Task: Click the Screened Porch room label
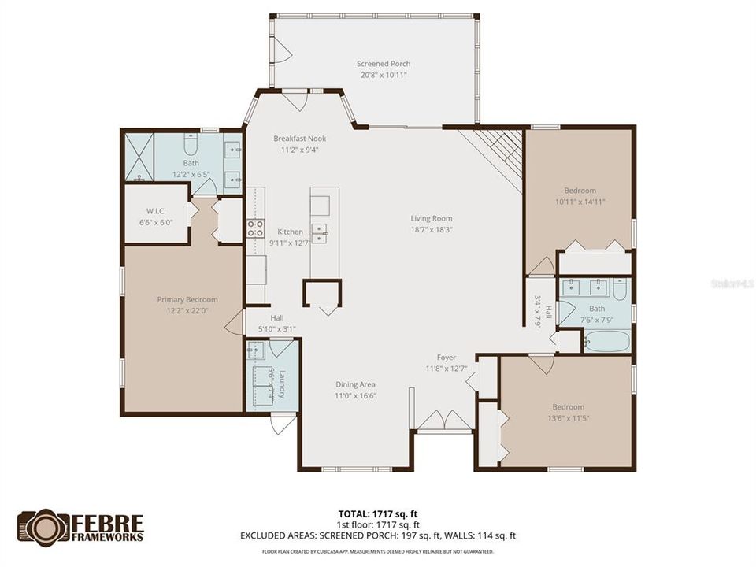pyautogui.click(x=384, y=64)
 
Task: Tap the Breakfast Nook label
pyautogui.click(x=299, y=139)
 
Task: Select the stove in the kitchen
pyautogui.click(x=255, y=228)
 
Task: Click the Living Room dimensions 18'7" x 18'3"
pyautogui.click(x=431, y=230)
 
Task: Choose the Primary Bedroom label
pyautogui.click(x=187, y=299)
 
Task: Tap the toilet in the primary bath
pyautogui.click(x=191, y=144)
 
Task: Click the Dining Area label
pyautogui.click(x=355, y=384)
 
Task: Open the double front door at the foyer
pyautogui.click(x=445, y=421)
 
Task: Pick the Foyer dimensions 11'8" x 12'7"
pyautogui.click(x=440, y=368)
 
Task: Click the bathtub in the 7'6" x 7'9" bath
pyautogui.click(x=607, y=341)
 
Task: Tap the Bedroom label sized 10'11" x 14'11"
pyautogui.click(x=580, y=190)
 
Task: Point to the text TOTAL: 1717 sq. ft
pyautogui.click(x=377, y=513)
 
